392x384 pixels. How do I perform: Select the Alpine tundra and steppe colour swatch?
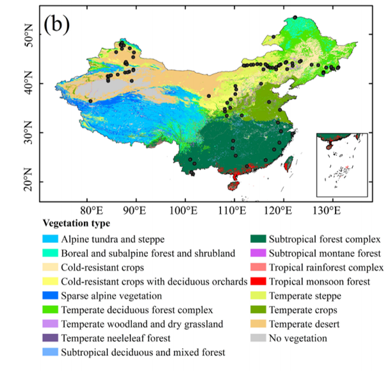[50, 239]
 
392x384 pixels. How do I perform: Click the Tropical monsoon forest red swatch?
[257, 281]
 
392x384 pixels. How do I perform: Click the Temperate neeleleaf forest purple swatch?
[50, 338]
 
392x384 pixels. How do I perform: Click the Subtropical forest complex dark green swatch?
[257, 239]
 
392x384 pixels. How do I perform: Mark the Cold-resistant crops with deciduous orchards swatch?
[50, 281]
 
